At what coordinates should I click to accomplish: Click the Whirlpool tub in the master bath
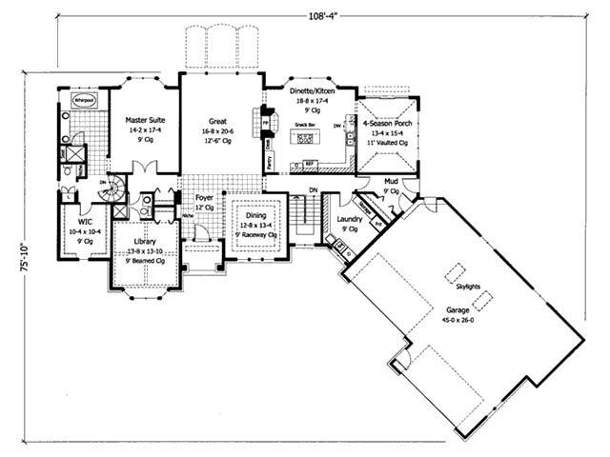[x=85, y=99]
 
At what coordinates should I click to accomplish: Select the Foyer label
[x=204, y=198]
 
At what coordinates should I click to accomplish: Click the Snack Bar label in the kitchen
[x=305, y=124]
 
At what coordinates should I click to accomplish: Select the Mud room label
[x=391, y=180]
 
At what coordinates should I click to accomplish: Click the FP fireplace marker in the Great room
[x=254, y=123]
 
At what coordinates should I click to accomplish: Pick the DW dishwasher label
[x=337, y=126]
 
